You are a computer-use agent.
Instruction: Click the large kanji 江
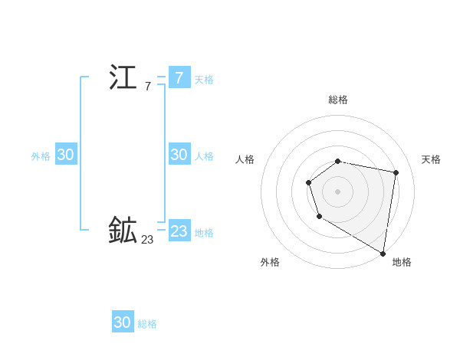tap(123, 77)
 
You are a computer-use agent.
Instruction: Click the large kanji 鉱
tap(123, 230)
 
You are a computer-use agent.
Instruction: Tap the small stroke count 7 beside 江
tap(147, 87)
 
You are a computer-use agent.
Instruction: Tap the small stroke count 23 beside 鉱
tap(147, 240)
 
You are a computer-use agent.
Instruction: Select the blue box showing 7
tap(179, 78)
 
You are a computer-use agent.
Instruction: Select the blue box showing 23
tap(179, 231)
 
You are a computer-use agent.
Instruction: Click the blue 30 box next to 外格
tap(65, 155)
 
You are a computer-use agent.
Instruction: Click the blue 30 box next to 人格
tap(179, 155)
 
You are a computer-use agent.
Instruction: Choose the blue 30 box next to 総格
tap(123, 322)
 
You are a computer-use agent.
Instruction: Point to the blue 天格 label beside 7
tap(204, 80)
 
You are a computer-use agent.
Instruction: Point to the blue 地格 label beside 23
tap(204, 233)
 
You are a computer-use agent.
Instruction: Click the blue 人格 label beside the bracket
tap(204, 156)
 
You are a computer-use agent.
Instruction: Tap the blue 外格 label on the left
tap(41, 156)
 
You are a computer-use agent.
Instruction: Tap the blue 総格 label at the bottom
tap(147, 324)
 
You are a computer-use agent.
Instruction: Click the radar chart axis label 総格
tap(338, 100)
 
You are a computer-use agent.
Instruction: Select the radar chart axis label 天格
tap(431, 159)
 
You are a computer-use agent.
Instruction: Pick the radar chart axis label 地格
tap(402, 262)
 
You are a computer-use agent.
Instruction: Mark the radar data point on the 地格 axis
tap(383, 252)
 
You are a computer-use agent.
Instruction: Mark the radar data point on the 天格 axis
tap(396, 172)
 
